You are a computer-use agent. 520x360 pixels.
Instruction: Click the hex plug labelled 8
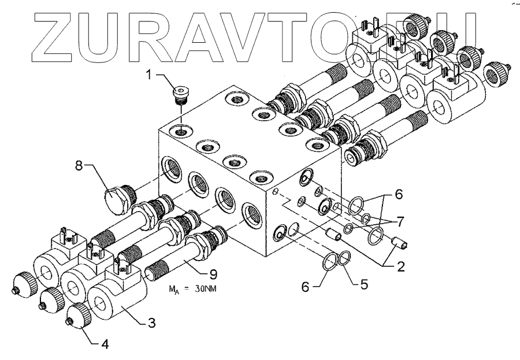[x=118, y=200]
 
